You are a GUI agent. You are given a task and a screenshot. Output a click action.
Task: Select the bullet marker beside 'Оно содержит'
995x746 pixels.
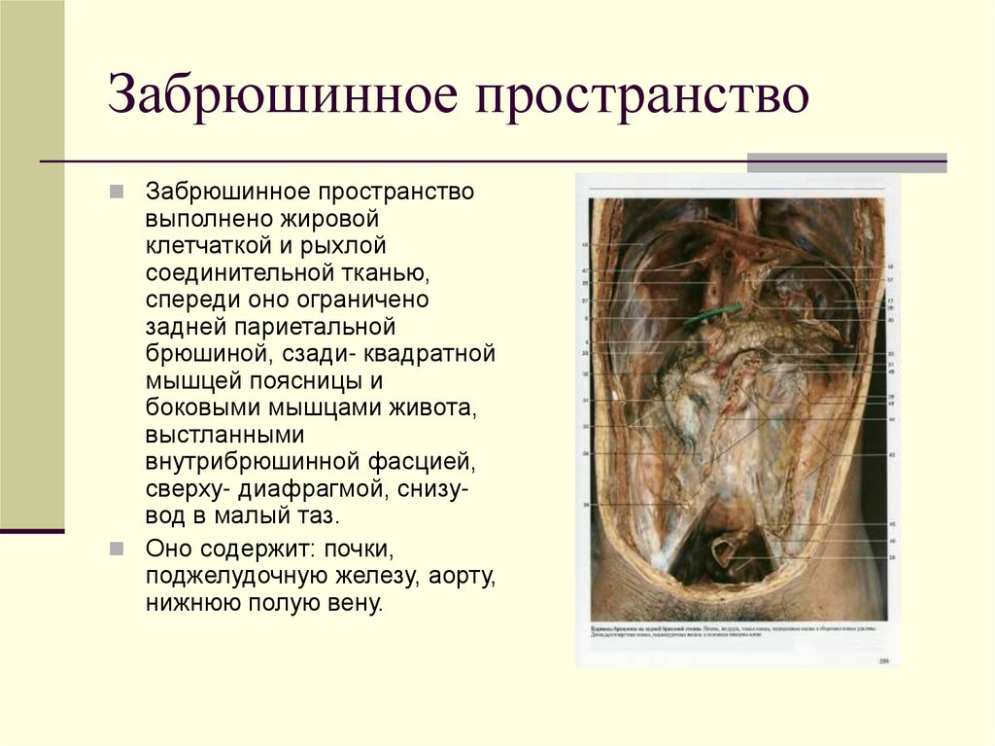pyautogui.click(x=117, y=550)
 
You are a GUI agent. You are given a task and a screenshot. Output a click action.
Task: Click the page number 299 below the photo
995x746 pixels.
pyautogui.click(x=884, y=661)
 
